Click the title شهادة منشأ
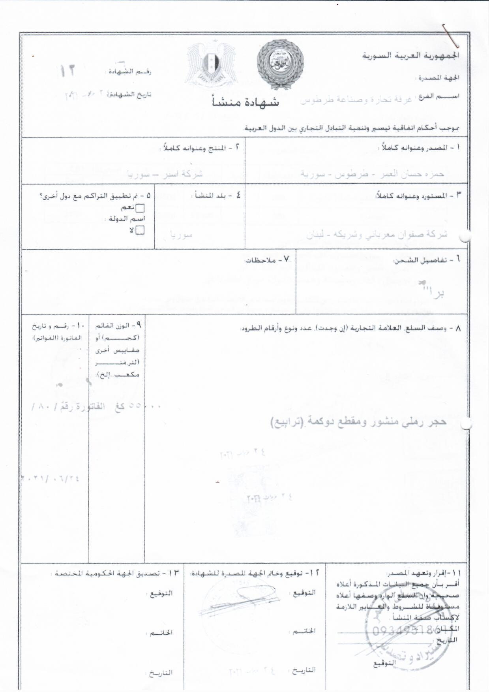pos(245,102)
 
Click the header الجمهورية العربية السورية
pos(411,55)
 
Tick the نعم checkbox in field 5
pos(140,208)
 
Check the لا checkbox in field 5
pos(140,230)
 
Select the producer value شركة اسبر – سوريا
pos(165,174)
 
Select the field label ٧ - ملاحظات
pos(268,259)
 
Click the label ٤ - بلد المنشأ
pos(217,195)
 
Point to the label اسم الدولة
pos(127,219)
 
